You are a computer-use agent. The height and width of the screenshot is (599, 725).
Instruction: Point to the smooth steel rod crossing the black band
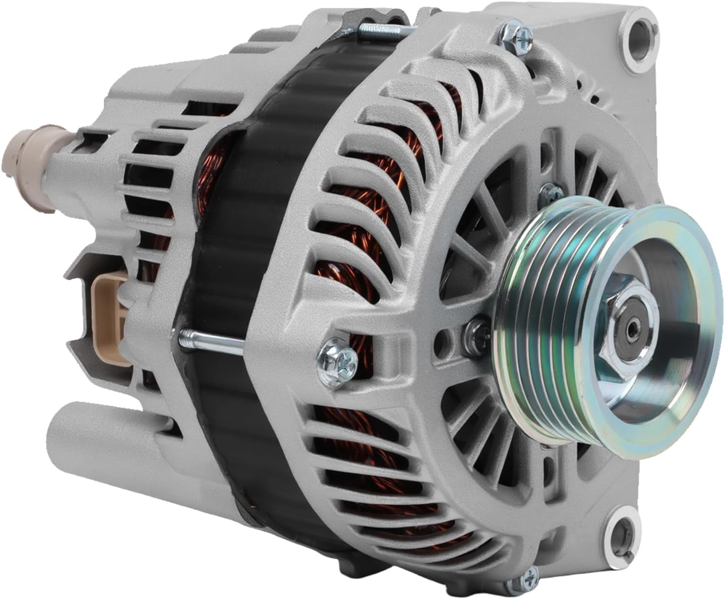click(x=214, y=339)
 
